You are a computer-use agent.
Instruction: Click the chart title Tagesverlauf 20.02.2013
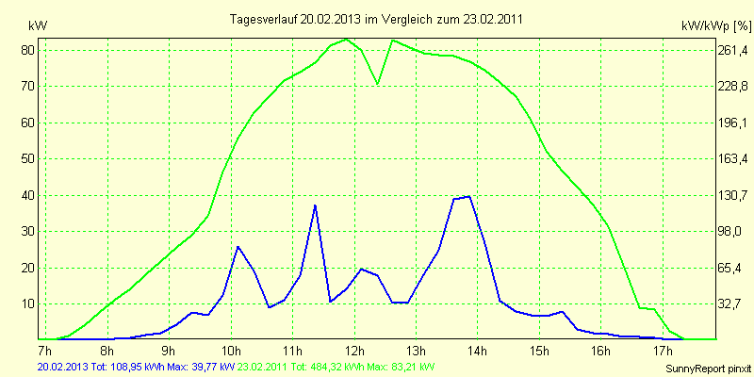377,19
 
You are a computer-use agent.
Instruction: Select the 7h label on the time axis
45,351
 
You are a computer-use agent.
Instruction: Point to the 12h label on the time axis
354,351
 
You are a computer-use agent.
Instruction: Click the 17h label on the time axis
664,351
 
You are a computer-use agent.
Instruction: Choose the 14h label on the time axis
478,351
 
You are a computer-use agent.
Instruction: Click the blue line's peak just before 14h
468,196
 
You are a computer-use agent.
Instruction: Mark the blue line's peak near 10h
238,246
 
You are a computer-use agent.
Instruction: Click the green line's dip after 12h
377,84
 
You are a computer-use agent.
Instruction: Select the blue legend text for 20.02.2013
120,366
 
